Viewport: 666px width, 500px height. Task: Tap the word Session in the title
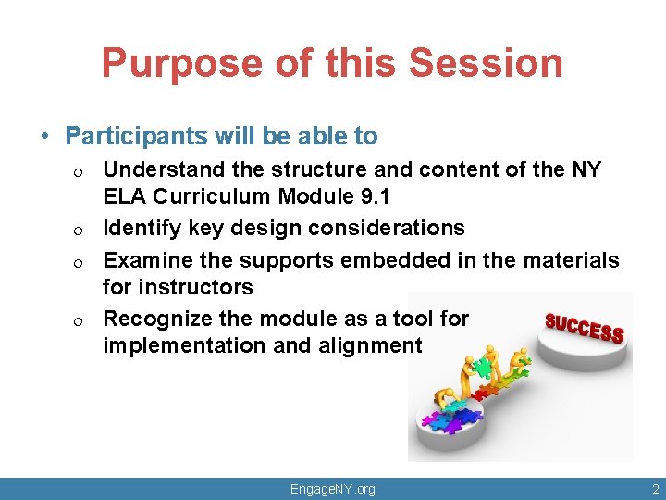pos(486,63)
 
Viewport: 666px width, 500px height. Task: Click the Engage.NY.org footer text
pos(332,489)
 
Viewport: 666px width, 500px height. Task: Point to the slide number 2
pos(655,488)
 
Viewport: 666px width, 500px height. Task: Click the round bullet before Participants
pos(45,137)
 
